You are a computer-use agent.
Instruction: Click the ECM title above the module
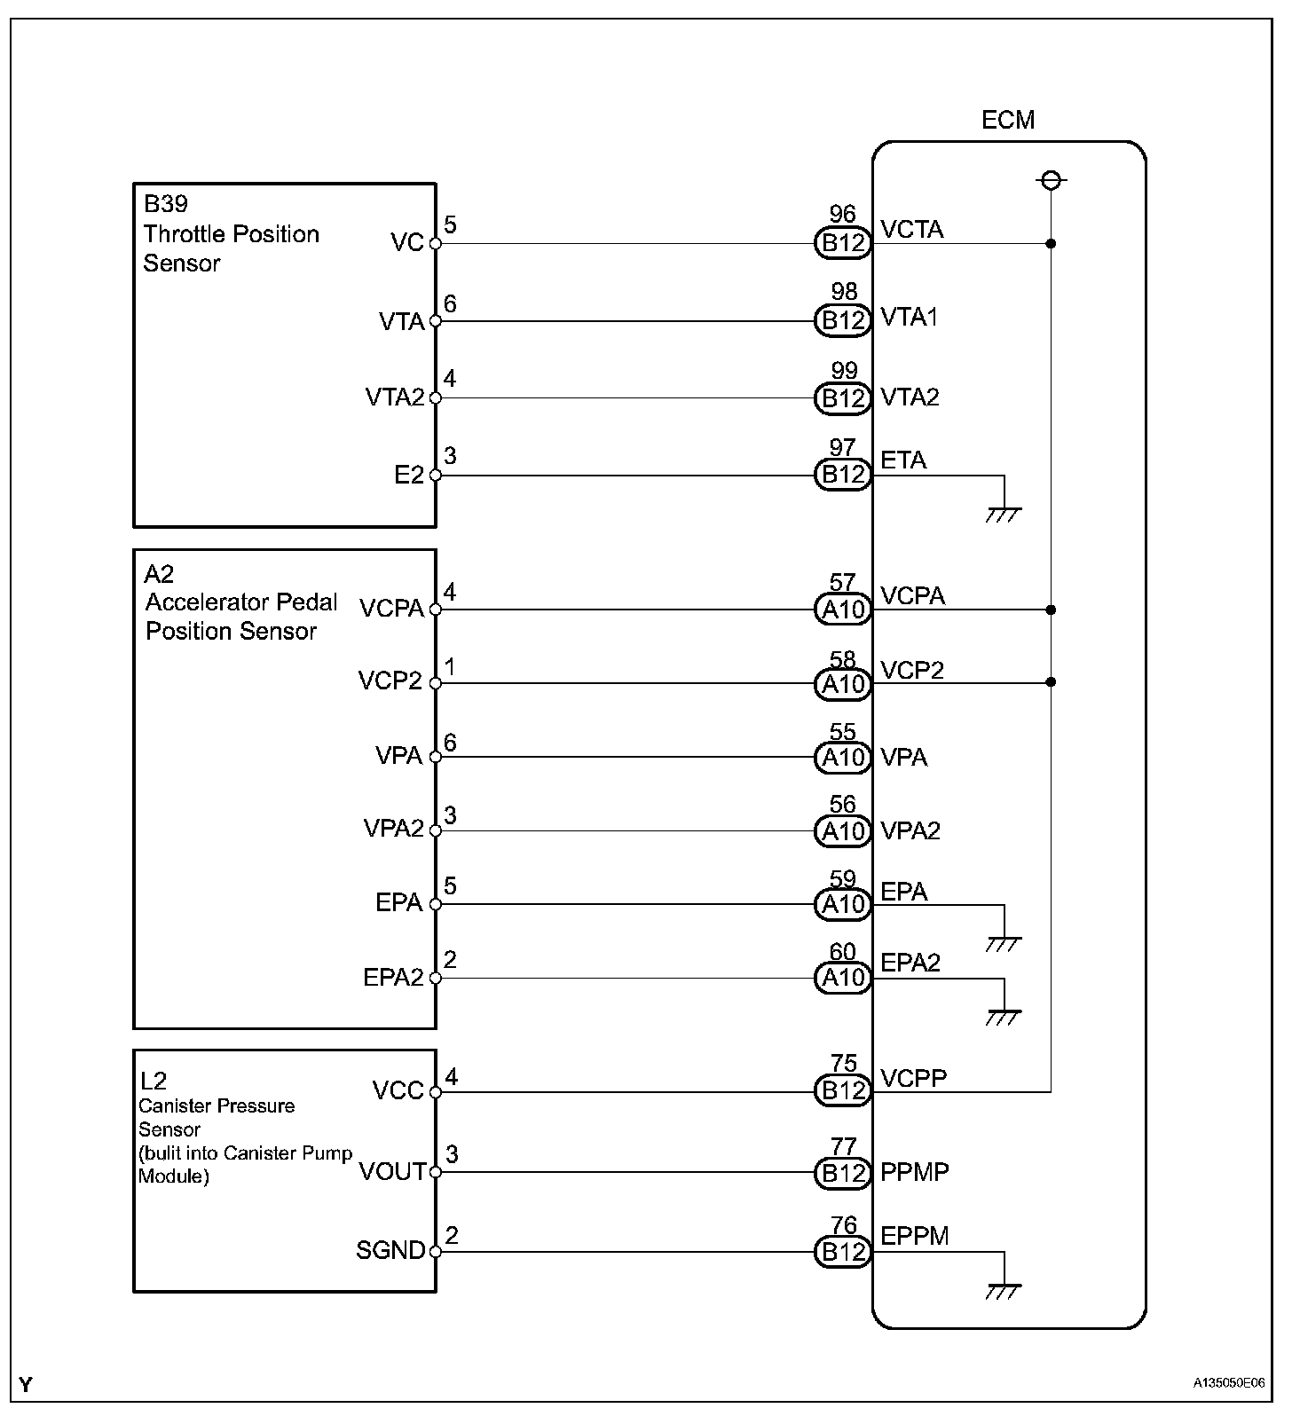[1007, 120]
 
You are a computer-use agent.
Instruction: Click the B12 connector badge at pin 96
[842, 243]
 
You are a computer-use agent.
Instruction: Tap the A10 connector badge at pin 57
[842, 610]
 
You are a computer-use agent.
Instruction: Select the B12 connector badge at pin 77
[842, 1173]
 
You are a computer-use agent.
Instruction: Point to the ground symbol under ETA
[1004, 513]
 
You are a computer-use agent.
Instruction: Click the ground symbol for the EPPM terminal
[1004, 1289]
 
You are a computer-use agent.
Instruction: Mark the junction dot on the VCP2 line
[1051, 682]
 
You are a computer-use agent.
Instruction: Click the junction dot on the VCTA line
[1051, 243]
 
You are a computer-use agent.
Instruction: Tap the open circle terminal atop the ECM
[1051, 181]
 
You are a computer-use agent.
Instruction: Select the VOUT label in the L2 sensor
[392, 1172]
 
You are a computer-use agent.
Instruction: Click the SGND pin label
[390, 1250]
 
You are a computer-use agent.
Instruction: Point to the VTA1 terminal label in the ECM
[909, 318]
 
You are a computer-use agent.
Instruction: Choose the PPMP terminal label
[914, 1172]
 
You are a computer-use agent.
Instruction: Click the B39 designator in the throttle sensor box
[166, 204]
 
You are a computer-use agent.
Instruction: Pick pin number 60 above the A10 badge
[842, 952]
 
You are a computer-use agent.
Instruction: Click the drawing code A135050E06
[1228, 1382]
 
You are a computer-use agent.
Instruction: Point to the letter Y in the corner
[26, 1384]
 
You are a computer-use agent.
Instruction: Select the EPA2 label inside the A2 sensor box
[393, 978]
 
